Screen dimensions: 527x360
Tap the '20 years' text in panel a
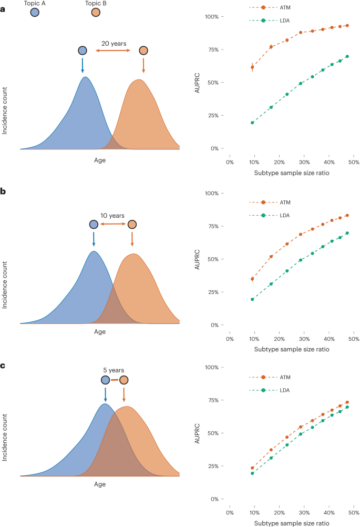(x=114, y=44)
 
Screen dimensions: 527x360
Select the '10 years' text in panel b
(x=112, y=216)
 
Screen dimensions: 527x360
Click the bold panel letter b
(x=4, y=177)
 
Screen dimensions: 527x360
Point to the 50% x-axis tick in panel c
(x=354, y=511)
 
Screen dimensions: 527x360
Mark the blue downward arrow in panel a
(x=83, y=65)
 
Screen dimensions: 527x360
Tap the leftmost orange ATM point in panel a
(x=252, y=67)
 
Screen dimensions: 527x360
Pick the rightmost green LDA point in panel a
(x=347, y=56)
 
